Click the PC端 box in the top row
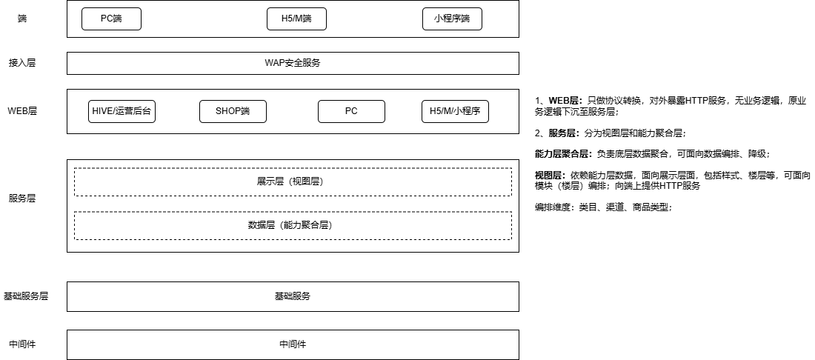point(111,19)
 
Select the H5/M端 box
point(296,19)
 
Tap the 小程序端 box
point(452,19)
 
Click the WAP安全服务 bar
point(293,63)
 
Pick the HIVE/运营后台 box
point(122,111)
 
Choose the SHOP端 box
point(233,111)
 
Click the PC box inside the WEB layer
point(351,111)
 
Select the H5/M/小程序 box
point(455,111)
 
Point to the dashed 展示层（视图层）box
point(293,181)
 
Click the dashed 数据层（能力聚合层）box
point(293,225)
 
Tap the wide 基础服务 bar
point(293,296)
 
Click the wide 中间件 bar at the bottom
point(293,344)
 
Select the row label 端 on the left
point(22,19)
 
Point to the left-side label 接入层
point(22,63)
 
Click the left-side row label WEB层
point(22,111)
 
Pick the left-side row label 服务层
point(22,198)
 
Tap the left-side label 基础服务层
point(26,296)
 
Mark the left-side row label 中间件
point(22,344)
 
